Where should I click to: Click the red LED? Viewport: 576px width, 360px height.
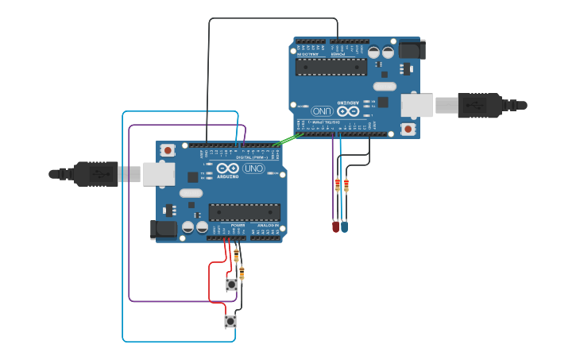coord(335,227)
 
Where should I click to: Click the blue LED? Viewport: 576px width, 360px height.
coord(344,227)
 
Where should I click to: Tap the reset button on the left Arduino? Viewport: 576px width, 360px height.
coord(168,150)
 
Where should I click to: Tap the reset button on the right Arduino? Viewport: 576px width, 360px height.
coord(408,129)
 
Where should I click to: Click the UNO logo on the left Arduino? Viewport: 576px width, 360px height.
coord(253,168)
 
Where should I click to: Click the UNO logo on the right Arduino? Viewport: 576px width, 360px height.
coord(322,111)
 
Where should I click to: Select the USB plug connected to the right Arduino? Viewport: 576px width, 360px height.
coord(480,105)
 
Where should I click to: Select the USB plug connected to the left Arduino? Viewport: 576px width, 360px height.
coord(96,173)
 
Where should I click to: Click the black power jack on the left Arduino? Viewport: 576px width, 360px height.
coord(164,230)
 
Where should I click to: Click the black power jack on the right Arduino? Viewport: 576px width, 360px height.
coord(412,49)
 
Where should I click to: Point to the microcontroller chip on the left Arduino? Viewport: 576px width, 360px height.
coord(244,212)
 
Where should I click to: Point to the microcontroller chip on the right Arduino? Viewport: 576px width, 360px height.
coord(331,67)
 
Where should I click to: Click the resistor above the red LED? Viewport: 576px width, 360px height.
coord(337,185)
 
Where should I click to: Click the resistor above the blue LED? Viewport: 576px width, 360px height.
coord(346,186)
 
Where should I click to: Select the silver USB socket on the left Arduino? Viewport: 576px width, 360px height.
coord(158,174)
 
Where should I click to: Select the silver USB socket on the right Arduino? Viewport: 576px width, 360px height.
coord(417,105)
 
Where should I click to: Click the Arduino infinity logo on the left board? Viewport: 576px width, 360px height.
coord(227,168)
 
